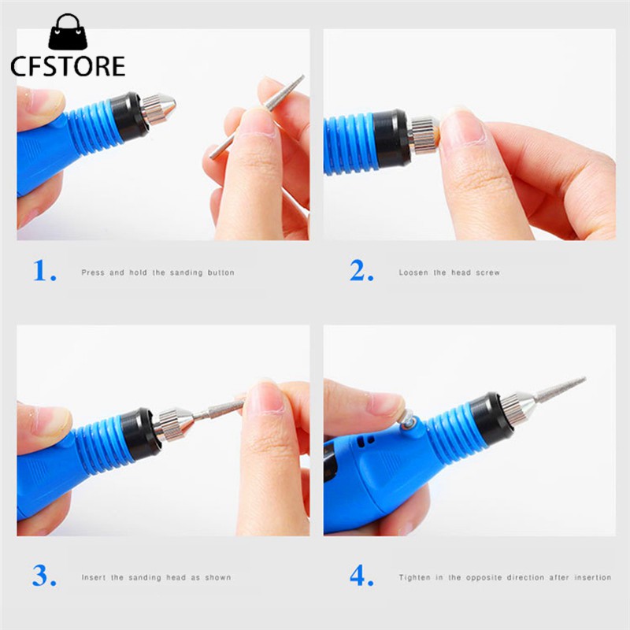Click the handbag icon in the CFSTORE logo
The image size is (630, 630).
(x=68, y=31)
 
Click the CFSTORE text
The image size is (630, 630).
(x=68, y=66)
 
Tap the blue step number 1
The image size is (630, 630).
(x=45, y=270)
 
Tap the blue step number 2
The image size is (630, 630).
(x=361, y=270)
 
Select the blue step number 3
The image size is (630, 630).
(x=44, y=576)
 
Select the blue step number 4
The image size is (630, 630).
(x=361, y=576)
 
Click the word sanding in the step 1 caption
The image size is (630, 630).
(x=187, y=272)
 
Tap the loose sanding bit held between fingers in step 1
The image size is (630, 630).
(x=258, y=116)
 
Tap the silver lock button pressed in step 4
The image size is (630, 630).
(x=409, y=421)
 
